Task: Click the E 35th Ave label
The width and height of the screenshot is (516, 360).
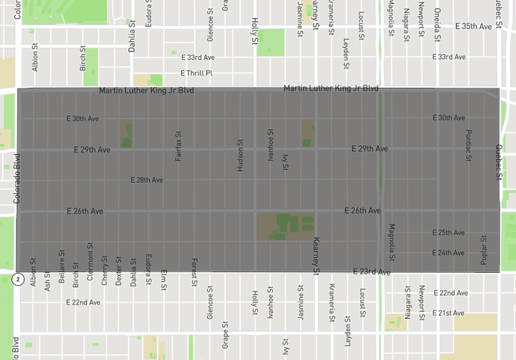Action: [474, 26]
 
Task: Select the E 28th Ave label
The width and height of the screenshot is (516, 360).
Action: [146, 180]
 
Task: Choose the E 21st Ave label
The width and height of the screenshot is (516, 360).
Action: [450, 313]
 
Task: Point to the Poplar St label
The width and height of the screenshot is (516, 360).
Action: [484, 250]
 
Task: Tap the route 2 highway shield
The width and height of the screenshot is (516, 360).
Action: [16, 279]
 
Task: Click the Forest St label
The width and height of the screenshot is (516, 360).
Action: [194, 272]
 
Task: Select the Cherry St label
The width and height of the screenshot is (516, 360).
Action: [105, 271]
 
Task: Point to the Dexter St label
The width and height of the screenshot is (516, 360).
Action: [119, 270]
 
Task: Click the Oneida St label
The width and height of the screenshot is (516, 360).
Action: [438, 16]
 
